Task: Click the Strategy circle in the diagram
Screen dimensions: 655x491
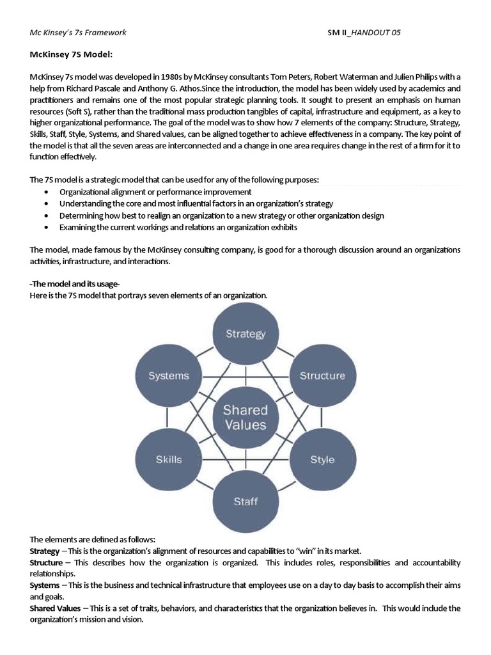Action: pos(245,334)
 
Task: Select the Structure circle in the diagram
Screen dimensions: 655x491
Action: pos(322,375)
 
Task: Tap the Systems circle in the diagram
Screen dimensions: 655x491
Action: pos(169,375)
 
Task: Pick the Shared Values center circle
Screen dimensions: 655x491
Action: pos(245,416)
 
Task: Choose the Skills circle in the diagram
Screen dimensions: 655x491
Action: pos(169,459)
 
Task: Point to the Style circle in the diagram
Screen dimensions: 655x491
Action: pos(322,459)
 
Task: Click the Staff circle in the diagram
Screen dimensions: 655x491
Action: pos(245,501)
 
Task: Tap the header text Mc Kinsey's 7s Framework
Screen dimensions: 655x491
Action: pos(78,33)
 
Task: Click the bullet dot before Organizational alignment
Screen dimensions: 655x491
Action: pos(47,193)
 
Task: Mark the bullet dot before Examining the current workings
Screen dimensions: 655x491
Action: pos(47,228)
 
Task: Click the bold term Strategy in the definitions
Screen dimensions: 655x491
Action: pos(44,551)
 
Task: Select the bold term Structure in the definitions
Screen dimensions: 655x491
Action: pos(46,562)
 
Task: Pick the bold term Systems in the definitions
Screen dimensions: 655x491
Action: pos(45,585)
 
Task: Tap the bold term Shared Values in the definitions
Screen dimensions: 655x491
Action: pos(55,608)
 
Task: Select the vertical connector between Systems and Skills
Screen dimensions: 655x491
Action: pos(168,417)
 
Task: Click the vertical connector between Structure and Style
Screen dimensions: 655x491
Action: pos(322,417)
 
